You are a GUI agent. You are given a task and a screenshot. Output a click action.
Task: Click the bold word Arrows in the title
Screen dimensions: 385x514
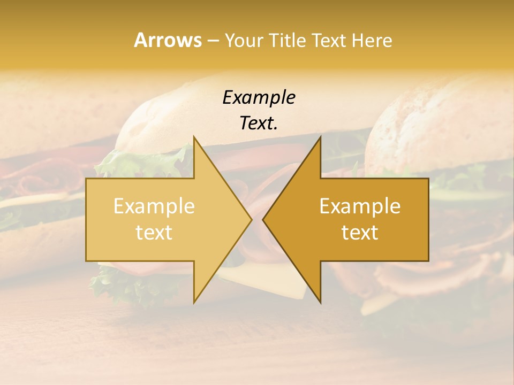[168, 40]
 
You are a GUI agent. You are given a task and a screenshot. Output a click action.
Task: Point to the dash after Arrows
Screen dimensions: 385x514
[213, 41]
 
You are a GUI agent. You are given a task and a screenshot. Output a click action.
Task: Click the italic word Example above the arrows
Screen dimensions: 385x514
[259, 98]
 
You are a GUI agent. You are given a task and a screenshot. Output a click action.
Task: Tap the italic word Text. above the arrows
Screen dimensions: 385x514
[259, 124]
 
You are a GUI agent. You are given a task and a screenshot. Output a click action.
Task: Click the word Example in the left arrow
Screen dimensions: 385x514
[154, 206]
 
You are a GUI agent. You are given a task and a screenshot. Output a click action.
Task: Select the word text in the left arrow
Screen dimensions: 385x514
[154, 232]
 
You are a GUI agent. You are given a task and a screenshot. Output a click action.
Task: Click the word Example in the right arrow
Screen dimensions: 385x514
[360, 206]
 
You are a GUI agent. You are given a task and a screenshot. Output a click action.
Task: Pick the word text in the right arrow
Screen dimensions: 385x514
[360, 232]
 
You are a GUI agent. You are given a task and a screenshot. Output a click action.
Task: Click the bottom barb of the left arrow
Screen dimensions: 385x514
[195, 299]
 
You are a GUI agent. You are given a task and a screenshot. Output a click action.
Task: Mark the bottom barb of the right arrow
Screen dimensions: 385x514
[320, 299]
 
